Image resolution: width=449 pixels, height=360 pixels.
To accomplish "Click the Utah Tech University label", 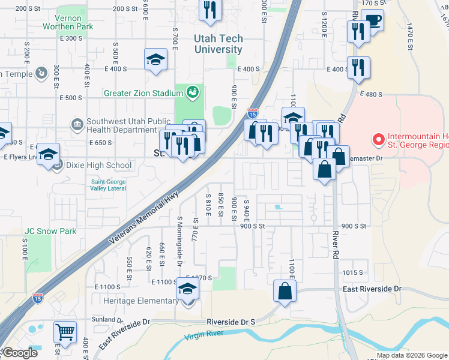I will (x=218, y=44).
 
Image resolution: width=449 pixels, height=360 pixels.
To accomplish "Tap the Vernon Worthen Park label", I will (x=68, y=22).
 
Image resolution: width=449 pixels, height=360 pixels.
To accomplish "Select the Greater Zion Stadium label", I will (x=143, y=93).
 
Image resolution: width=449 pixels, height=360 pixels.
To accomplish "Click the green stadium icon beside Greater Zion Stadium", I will (x=193, y=92).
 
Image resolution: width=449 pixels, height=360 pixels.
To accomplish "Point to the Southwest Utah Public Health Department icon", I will (x=77, y=125).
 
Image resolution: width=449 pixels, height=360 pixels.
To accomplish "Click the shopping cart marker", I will (x=65, y=331).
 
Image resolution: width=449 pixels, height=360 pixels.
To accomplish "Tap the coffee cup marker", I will (x=372, y=21).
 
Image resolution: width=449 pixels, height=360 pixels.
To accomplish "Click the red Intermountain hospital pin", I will (x=378, y=140).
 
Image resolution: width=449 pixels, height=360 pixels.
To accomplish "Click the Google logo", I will (x=20, y=353).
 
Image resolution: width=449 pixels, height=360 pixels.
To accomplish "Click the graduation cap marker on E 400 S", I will (x=155, y=60).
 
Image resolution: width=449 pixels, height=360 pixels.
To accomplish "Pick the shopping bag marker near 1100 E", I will (x=285, y=291).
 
